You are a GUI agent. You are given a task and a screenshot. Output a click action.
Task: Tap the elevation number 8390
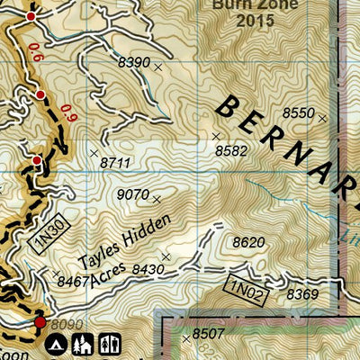[134, 62]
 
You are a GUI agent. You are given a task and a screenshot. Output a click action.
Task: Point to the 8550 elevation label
[298, 112]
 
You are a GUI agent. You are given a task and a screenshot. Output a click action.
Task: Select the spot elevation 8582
[230, 151]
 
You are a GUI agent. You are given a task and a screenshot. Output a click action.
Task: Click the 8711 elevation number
[116, 162]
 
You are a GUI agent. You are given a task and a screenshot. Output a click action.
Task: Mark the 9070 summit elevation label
[132, 194]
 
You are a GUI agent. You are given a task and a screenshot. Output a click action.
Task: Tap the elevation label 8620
[248, 242]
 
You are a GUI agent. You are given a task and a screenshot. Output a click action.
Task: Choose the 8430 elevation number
[148, 269]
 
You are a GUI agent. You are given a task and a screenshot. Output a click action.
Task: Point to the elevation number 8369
[302, 294]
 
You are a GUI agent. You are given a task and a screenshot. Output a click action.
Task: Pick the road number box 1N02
[244, 290]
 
